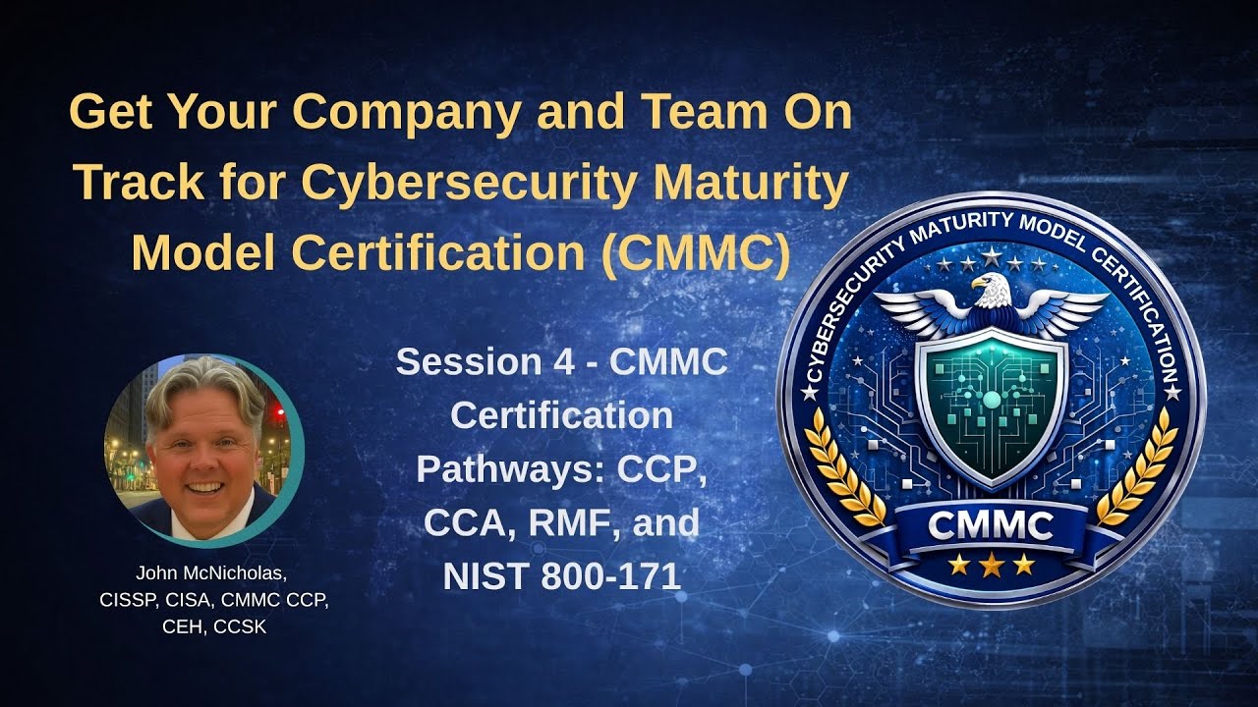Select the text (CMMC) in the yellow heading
pos(695,253)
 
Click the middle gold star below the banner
pos(990,564)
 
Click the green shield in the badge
pos(990,403)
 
